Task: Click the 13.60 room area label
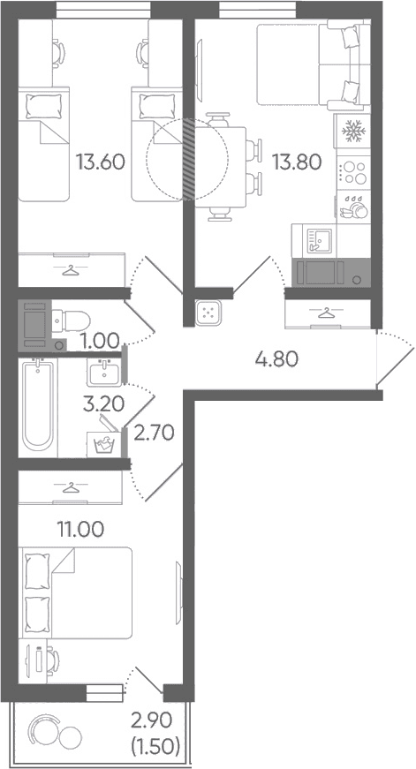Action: pyautogui.click(x=101, y=162)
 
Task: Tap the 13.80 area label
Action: pyautogui.click(x=298, y=162)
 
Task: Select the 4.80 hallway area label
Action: pyautogui.click(x=276, y=360)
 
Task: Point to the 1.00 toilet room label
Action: pyautogui.click(x=102, y=339)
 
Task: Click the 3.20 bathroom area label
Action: pyautogui.click(x=103, y=404)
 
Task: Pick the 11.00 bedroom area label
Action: pyautogui.click(x=80, y=529)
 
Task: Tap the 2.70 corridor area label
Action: pyautogui.click(x=154, y=434)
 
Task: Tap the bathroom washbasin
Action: pyautogui.click(x=104, y=372)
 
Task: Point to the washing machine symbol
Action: pyautogui.click(x=104, y=444)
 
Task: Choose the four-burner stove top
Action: pyautogui.click(x=352, y=172)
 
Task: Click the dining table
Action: pyautogui.click(x=221, y=167)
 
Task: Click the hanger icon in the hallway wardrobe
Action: pyautogui.click(x=325, y=313)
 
